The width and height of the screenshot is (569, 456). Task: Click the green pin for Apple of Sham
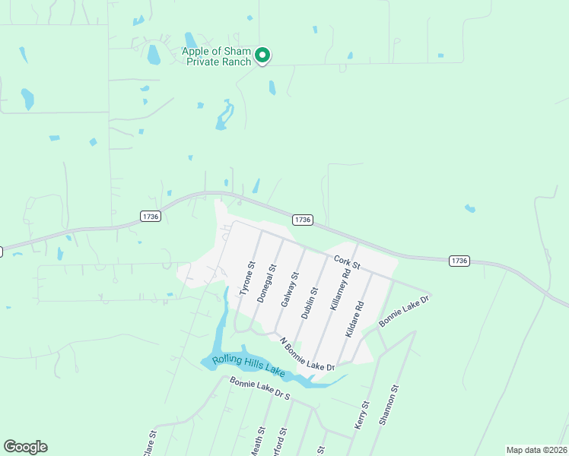click(x=262, y=55)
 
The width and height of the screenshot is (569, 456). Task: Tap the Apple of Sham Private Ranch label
click(x=217, y=57)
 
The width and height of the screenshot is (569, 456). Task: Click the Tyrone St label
click(x=246, y=279)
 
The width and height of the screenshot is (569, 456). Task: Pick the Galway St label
click(x=288, y=290)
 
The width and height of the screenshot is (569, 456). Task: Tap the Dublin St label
click(x=310, y=302)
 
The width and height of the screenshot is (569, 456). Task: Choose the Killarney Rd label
click(x=340, y=288)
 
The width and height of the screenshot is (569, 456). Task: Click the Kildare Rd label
click(x=354, y=319)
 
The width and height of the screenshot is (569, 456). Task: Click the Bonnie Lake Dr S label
click(x=259, y=391)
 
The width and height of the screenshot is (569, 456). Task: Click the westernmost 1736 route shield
click(x=151, y=217)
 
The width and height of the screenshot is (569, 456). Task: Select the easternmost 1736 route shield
click(x=459, y=261)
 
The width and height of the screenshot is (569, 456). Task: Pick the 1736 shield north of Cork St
click(x=302, y=220)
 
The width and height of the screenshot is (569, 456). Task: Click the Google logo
click(x=25, y=447)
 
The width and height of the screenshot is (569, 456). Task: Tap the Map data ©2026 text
click(x=536, y=450)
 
